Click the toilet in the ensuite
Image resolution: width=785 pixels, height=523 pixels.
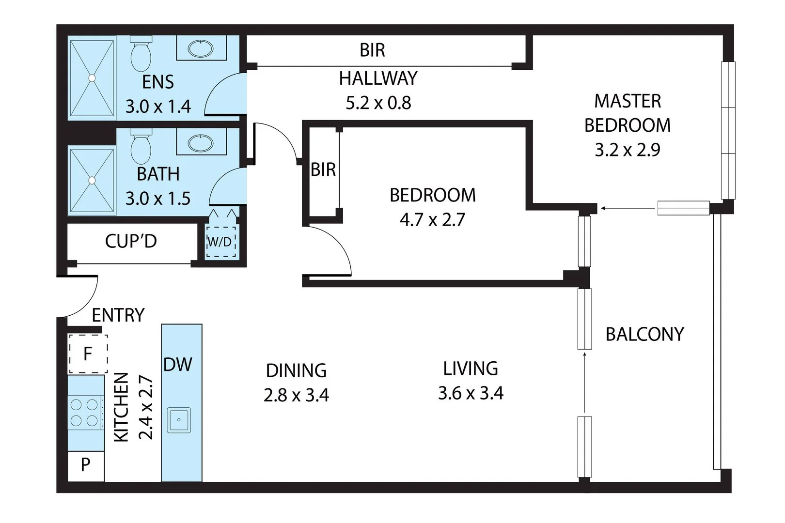point(141,55)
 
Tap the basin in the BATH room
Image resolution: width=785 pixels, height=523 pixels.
point(201,143)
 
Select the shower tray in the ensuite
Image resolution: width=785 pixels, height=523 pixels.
point(92,77)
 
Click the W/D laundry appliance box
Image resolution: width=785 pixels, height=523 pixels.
point(220,241)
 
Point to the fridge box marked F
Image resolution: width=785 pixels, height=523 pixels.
point(88,354)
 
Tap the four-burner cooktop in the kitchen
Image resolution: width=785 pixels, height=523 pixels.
point(85,412)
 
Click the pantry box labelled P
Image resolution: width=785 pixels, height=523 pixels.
point(86,465)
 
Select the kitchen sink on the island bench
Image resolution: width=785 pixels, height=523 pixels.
point(179,420)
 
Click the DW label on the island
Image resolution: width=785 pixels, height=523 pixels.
point(178,365)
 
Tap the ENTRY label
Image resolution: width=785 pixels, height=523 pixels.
point(118,315)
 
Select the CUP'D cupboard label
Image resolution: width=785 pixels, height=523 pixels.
point(131,241)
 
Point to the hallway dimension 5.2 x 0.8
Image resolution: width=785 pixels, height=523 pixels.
point(378,103)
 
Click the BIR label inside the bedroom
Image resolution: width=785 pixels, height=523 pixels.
point(323,169)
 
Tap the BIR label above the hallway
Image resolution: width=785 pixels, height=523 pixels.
point(372,50)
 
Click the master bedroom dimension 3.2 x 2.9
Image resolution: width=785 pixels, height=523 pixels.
point(628,150)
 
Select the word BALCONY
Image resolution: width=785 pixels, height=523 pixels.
point(644,334)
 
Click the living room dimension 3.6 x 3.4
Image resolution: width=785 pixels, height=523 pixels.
point(471,393)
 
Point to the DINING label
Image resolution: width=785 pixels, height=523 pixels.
point(296,370)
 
